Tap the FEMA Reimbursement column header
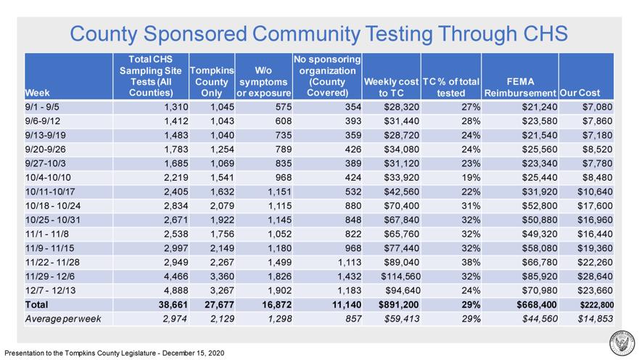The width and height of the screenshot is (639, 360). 520,87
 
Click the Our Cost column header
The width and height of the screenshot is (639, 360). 580,93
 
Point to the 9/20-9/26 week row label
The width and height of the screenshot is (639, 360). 45,150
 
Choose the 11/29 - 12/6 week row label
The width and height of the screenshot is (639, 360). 50,277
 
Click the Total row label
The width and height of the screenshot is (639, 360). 36,305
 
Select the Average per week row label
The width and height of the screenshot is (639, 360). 63,319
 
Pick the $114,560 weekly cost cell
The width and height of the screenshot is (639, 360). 400,277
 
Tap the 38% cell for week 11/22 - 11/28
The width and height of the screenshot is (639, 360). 471,262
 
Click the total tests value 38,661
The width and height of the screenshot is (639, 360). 173,305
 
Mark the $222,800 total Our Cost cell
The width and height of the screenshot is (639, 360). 597,305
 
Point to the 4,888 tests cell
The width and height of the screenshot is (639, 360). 176,290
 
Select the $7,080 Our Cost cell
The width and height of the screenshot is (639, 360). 597,107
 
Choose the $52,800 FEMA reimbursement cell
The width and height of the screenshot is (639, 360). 540,206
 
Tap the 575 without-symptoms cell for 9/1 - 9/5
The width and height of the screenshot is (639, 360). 283,107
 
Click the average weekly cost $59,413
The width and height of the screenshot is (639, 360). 401,319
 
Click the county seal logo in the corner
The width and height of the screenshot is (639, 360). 622,343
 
